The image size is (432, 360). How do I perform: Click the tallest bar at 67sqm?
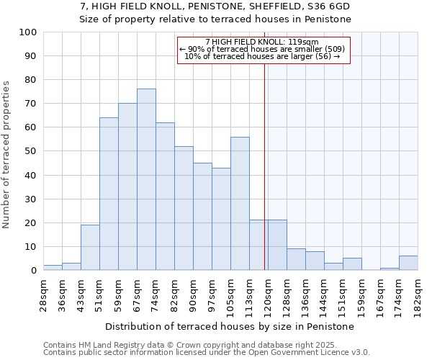pyautogui.click(x=146, y=179)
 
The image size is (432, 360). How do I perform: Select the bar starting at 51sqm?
pyautogui.click(x=109, y=194)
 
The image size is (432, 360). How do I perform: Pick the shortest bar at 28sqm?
pyautogui.click(x=53, y=268)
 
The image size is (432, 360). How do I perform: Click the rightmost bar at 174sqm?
pyautogui.click(x=408, y=263)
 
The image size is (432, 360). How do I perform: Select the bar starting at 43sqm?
pyautogui.click(x=90, y=247)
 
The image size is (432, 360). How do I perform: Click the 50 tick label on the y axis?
pyautogui.click(x=31, y=151)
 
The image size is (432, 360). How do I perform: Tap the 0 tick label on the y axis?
pyautogui.click(x=34, y=270)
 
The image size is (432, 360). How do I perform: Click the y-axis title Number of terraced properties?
pyautogui.click(x=6, y=154)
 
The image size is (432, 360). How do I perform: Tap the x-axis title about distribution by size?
pyautogui.click(x=230, y=326)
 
